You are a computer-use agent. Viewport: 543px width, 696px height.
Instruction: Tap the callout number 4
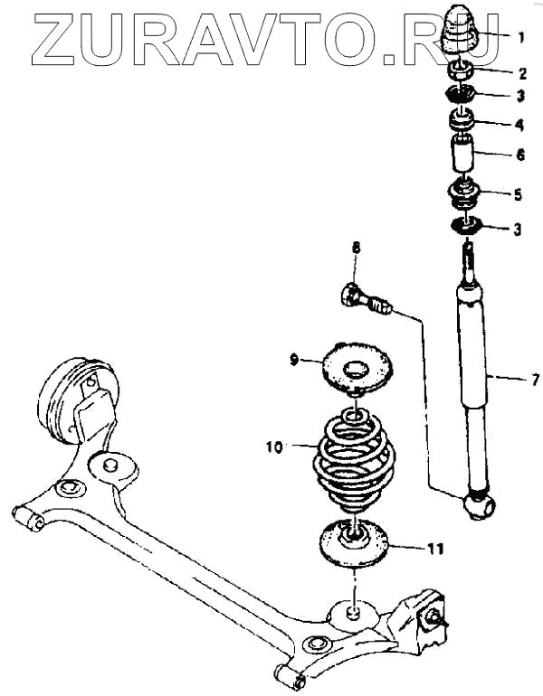519,123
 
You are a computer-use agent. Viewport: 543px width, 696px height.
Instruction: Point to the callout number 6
519,155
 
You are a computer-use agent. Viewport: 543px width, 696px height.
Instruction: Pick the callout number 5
519,193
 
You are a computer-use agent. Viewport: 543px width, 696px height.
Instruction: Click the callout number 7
535,381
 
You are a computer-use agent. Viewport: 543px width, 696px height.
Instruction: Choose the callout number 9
293,360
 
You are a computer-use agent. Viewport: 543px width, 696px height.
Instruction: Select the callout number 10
275,446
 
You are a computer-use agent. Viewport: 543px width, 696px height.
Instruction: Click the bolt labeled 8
365,299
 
